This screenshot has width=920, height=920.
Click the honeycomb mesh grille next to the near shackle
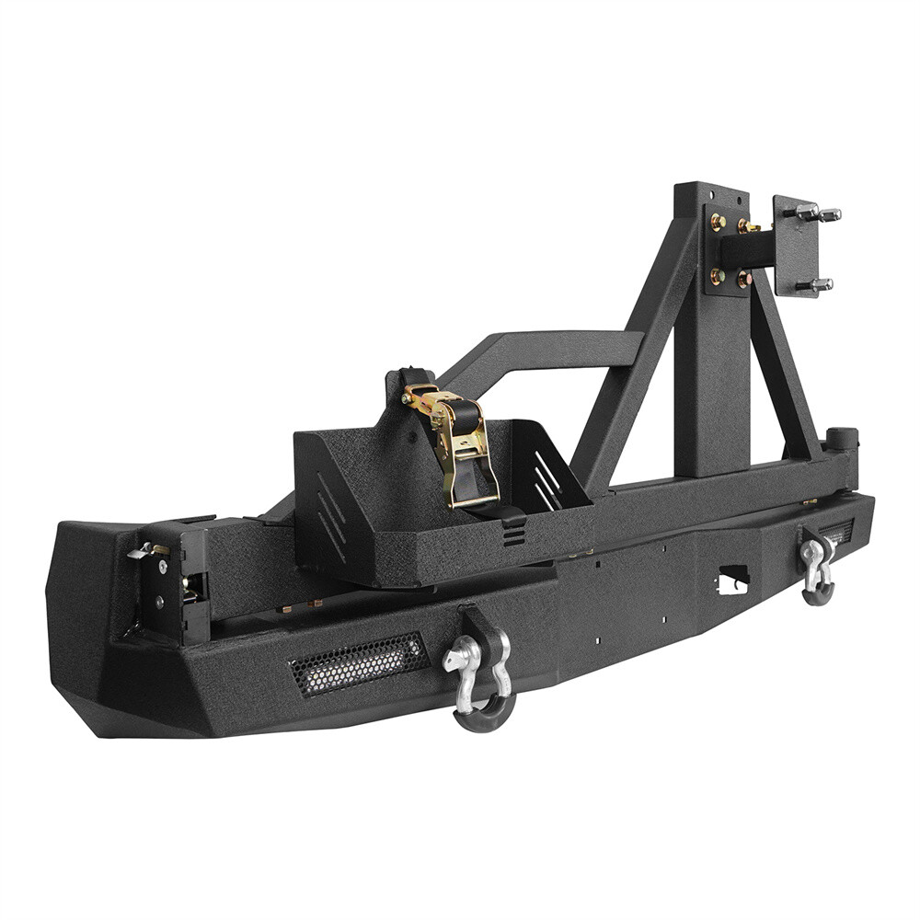359,662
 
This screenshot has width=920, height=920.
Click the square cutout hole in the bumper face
733,579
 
